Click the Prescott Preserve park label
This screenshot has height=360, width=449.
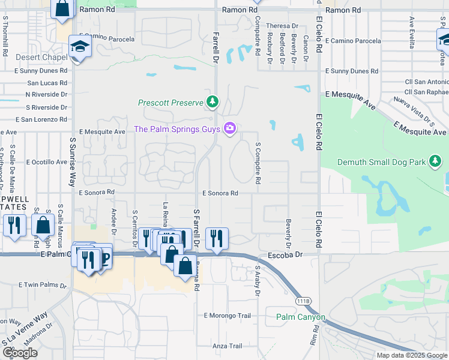pyautogui.click(x=170, y=103)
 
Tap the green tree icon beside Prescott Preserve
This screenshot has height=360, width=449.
pyautogui.click(x=211, y=103)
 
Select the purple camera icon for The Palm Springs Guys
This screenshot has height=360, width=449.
pyautogui.click(x=229, y=128)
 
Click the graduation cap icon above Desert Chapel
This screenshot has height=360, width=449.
pyautogui.click(x=79, y=46)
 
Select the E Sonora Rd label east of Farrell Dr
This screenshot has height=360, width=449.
pyautogui.click(x=220, y=193)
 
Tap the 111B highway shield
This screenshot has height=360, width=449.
pyautogui.click(x=303, y=300)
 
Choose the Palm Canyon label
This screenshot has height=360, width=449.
pyautogui.click(x=301, y=317)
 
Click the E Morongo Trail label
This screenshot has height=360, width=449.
pyautogui.click(x=227, y=316)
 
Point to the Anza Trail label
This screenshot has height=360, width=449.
pyautogui.click(x=227, y=346)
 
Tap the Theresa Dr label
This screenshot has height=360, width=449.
pyautogui.click(x=282, y=26)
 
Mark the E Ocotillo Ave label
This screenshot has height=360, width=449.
pyautogui.click(x=45, y=162)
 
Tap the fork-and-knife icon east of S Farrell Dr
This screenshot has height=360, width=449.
pyautogui.click(x=217, y=237)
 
